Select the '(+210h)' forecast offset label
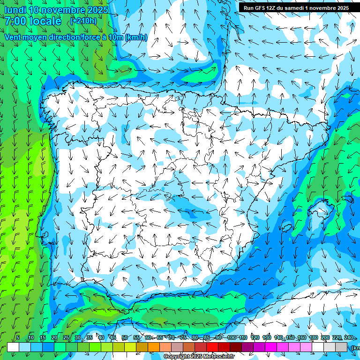point(83,21)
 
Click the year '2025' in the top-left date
point(98,10)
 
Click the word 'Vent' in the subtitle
point(13,37)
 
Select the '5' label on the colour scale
point(17,337)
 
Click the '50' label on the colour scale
point(124,337)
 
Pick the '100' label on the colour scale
point(231,337)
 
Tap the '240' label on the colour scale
point(349,337)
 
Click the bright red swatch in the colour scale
point(212,347)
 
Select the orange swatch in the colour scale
point(154,347)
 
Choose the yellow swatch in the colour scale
point(130,347)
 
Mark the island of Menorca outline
point(347,199)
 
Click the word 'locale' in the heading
point(44,22)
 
